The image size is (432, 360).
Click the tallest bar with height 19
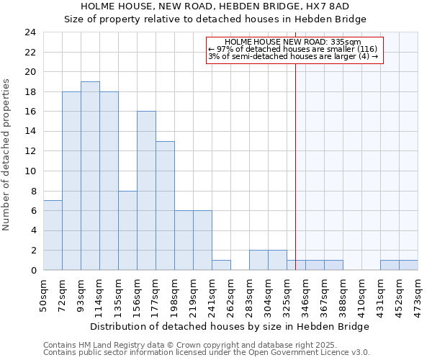[90, 176]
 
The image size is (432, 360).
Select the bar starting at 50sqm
[53, 235]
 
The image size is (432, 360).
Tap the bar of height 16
[146, 191]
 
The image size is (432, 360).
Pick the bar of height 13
[165, 206]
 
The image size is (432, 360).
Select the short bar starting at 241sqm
[221, 265]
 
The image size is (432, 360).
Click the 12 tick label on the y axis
[30, 151]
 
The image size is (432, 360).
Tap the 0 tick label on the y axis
[32, 270]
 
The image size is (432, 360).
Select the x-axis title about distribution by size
[230, 326]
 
